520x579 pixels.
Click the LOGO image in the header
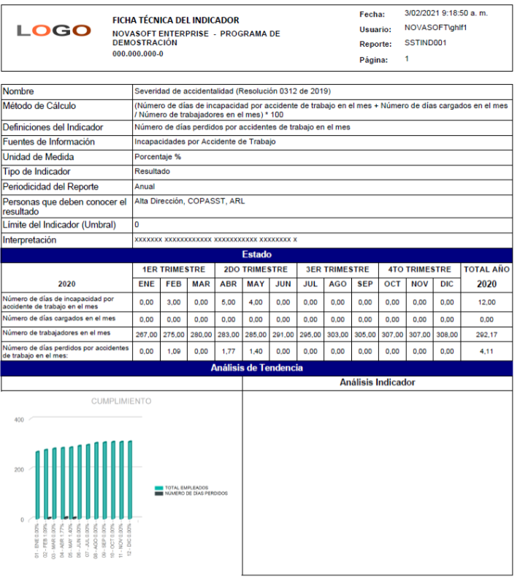point(53,31)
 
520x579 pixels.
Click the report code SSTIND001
point(425,43)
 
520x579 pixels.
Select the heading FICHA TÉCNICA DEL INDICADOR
point(175,20)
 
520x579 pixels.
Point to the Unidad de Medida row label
point(38,157)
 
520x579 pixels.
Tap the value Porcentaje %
point(158,157)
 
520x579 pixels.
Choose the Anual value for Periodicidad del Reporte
point(145,187)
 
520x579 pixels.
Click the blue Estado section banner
point(256,255)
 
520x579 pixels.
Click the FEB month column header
point(173,284)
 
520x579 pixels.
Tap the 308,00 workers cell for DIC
point(446,334)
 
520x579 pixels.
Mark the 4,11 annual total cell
point(486,350)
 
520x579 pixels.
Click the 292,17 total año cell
point(486,334)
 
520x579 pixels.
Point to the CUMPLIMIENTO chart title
point(121,402)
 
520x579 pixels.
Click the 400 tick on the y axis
point(19,420)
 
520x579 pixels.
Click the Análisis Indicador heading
point(377,383)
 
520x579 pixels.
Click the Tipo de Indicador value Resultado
point(152,172)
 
